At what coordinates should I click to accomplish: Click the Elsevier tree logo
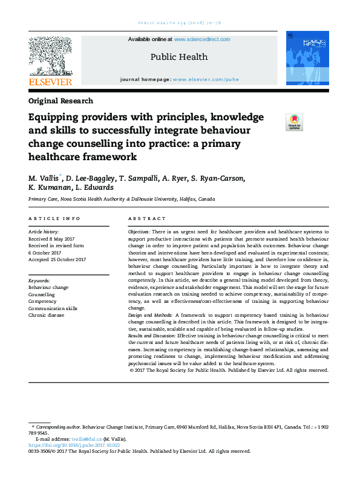click(x=50, y=55)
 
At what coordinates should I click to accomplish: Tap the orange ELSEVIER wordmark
click(x=50, y=82)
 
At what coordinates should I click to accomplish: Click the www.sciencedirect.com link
click(x=201, y=39)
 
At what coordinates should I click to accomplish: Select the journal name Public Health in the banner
click(x=178, y=57)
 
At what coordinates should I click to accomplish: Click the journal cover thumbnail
click(x=307, y=59)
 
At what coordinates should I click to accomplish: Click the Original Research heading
click(x=61, y=101)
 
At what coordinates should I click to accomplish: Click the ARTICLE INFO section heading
click(x=54, y=218)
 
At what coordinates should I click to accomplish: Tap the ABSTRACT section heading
click(x=146, y=218)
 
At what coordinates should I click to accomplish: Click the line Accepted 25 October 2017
click(x=57, y=259)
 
